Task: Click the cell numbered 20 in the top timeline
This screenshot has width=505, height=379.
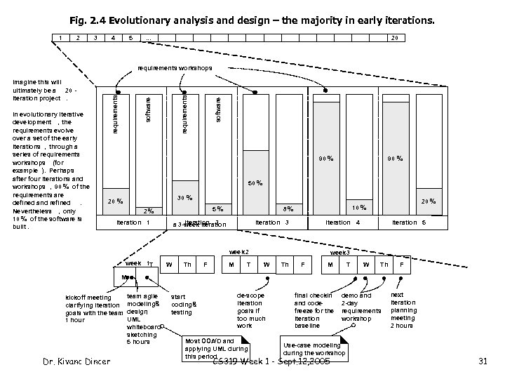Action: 395,37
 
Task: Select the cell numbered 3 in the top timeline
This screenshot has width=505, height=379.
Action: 95,37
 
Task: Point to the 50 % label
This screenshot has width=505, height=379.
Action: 256,184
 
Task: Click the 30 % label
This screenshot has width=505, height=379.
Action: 185,197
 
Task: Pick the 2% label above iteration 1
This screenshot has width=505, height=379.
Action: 148,210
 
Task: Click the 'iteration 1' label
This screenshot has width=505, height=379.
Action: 133,223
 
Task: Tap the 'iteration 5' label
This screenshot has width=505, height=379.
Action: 409,222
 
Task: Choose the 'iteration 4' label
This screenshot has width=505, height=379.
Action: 343,222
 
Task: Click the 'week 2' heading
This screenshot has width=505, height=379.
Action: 240,252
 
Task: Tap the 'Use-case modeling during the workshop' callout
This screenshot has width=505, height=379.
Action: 314,349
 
